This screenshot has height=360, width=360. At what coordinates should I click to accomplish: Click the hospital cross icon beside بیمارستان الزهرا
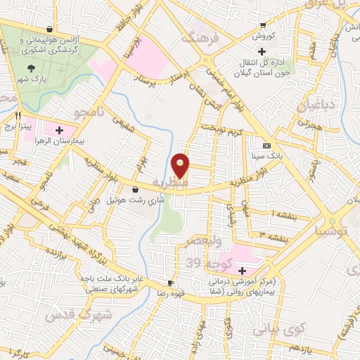59,130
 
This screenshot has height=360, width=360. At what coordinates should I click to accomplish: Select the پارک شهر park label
32,79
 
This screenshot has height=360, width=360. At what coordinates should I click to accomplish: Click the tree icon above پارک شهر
32,67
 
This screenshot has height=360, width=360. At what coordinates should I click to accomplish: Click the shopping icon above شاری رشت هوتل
135,189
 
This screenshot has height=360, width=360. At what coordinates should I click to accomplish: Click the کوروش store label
264,34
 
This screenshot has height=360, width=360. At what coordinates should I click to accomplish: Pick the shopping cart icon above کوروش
264,24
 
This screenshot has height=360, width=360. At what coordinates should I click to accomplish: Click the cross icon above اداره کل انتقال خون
261,51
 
